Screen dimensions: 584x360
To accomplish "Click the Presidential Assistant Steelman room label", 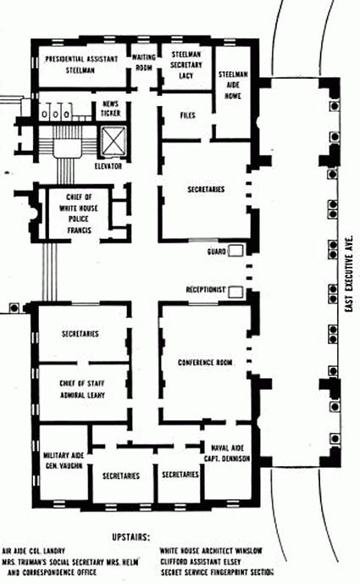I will pyautogui.click(x=80, y=64).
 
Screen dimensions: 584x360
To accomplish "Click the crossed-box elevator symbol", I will pyautogui.click(x=113, y=140).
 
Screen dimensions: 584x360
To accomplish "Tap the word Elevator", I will pyautogui.click(x=108, y=166).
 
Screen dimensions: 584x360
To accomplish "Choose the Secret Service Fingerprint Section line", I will pyautogui.click(x=219, y=571).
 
